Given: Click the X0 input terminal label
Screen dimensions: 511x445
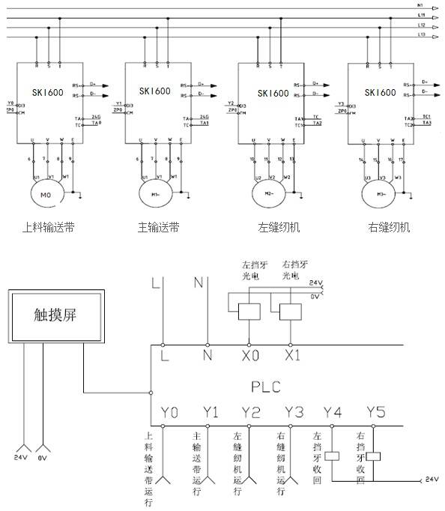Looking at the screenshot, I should click(x=246, y=357).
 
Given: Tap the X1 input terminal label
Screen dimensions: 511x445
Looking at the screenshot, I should click(x=291, y=357).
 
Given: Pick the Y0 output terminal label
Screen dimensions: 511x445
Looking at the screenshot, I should click(x=170, y=413).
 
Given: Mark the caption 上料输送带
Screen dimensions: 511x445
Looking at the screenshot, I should click(x=47, y=228).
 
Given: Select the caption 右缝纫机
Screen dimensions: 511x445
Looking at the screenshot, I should click(x=389, y=228).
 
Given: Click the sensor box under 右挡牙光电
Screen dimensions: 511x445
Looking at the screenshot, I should click(x=289, y=310).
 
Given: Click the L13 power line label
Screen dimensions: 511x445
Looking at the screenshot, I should click(x=422, y=34).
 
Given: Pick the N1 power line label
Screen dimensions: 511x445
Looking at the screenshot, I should click(x=421, y=6).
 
